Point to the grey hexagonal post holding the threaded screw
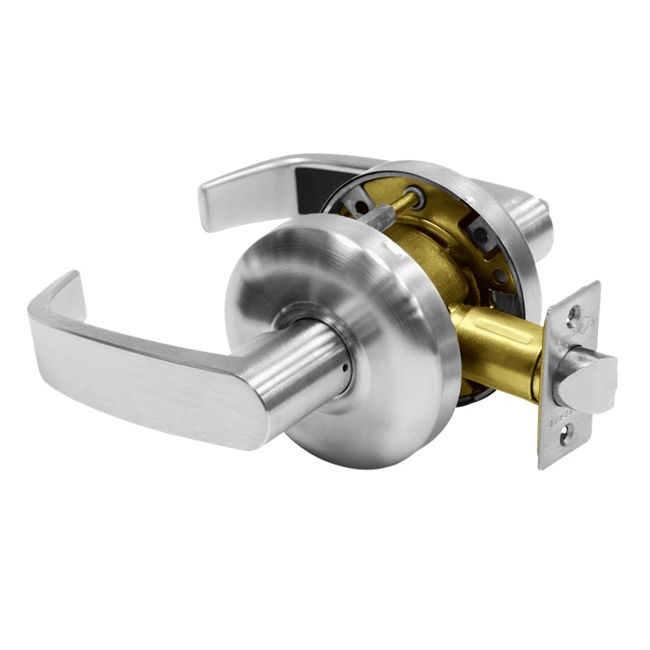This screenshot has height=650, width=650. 376,215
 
